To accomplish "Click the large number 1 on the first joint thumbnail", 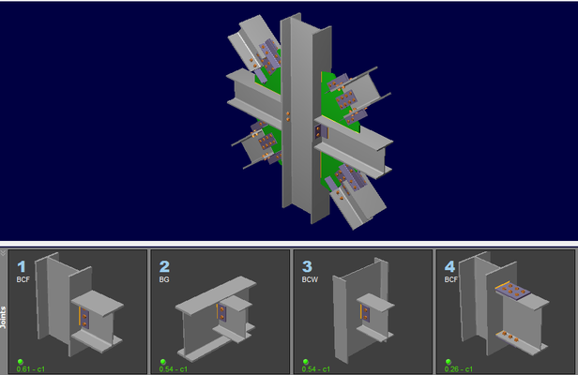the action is (x=22, y=266).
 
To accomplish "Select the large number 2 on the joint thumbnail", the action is (x=164, y=266).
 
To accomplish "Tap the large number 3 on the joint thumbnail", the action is (x=307, y=266).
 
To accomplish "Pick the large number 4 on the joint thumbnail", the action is (x=449, y=266).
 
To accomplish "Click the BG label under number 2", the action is (x=164, y=279).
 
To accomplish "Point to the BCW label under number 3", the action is (x=310, y=279).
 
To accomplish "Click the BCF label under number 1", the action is (x=23, y=279).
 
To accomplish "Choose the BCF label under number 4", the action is (x=450, y=279).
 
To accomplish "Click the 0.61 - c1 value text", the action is (x=31, y=369).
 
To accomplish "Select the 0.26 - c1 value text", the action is (x=459, y=369).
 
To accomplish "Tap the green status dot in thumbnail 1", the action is (x=21, y=362).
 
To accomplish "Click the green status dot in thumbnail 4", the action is (x=449, y=362).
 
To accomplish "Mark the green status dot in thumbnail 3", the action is (x=306, y=362).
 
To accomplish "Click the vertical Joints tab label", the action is (x=4, y=317).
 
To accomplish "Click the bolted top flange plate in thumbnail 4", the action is (x=513, y=291).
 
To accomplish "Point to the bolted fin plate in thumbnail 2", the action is (x=221, y=312).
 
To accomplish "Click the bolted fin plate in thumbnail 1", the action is (x=84, y=319).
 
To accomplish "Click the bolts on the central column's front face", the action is (x=288, y=117).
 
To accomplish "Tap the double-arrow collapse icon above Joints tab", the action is (x=3, y=253).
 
